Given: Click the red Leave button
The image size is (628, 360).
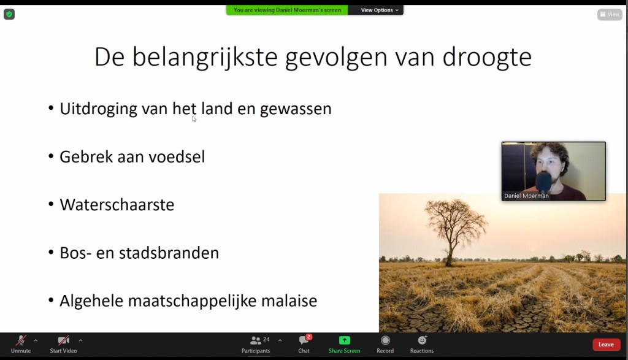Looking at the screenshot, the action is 606,345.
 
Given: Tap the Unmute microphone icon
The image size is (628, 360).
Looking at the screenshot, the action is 21,340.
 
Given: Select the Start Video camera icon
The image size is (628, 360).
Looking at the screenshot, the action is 63,340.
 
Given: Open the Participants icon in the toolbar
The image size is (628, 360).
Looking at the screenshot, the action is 255,340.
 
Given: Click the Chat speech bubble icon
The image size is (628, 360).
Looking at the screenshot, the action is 304,340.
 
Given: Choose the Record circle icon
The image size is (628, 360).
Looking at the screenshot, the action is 385,340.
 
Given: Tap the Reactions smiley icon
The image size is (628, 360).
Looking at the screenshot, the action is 422,340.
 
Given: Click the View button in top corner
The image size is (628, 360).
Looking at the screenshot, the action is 610,15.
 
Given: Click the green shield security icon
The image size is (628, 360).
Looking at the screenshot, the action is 9,15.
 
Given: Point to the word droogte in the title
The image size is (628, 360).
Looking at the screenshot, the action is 487,57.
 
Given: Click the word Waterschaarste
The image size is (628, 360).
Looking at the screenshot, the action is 117,205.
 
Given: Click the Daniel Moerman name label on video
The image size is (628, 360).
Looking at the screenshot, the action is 526,196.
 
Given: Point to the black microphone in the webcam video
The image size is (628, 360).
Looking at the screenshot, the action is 543,182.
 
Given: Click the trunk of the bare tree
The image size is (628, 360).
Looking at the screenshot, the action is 451,250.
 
